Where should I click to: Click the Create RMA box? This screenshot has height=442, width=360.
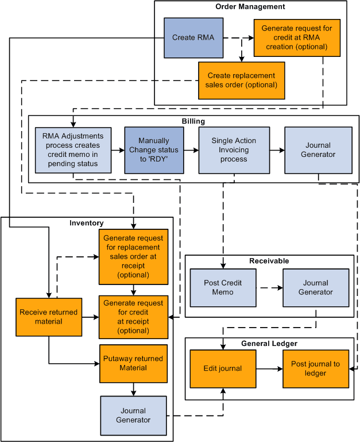pyautogui.click(x=193, y=38)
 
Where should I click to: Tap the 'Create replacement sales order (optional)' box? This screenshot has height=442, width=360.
pyautogui.click(x=241, y=80)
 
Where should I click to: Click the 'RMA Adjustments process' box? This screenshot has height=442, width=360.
pyautogui.click(x=73, y=150)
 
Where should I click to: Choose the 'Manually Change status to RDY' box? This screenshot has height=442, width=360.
pyautogui.click(x=154, y=150)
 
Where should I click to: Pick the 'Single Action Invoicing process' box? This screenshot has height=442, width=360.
pyautogui.click(x=234, y=150)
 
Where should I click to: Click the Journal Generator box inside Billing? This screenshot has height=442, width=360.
pyautogui.click(x=318, y=150)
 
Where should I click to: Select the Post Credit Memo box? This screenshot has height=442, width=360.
pyautogui.click(x=223, y=288)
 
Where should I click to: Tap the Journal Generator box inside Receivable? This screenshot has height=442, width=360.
pyautogui.click(x=315, y=288)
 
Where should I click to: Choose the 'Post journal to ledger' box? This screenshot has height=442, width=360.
pyautogui.click(x=315, y=368)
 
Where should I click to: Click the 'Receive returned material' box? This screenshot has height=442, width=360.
pyautogui.click(x=49, y=317)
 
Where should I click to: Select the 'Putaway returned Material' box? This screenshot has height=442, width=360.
pyautogui.click(x=133, y=363)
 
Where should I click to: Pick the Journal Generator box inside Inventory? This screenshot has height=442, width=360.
pyautogui.click(x=133, y=416)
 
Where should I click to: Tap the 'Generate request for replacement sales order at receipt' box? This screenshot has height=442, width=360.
pyautogui.click(x=133, y=256)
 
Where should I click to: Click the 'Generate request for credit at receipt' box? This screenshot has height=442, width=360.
pyautogui.click(x=133, y=317)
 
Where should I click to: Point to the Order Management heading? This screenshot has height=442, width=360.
pyautogui.click(x=250, y=7)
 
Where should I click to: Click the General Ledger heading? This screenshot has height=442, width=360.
pyautogui.click(x=269, y=344)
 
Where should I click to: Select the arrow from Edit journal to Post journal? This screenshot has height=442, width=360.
pyautogui.click(x=269, y=368)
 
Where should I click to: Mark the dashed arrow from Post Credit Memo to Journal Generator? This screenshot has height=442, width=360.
pyautogui.click(x=269, y=288)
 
